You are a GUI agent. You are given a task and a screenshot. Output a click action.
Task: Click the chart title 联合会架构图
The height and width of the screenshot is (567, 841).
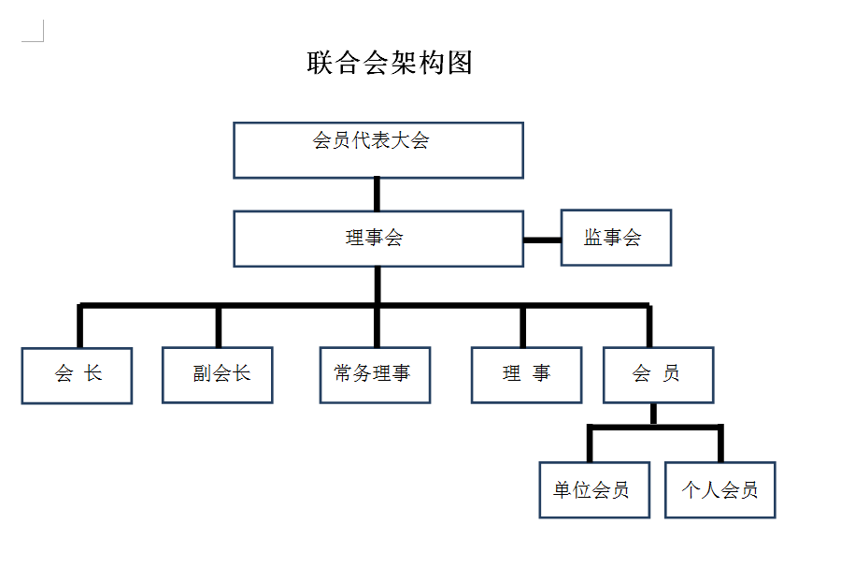[390, 63]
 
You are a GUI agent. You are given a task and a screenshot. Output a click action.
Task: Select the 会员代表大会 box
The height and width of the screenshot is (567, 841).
[378, 150]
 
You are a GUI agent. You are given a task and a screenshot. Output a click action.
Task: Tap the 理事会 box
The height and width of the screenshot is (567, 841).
[378, 239]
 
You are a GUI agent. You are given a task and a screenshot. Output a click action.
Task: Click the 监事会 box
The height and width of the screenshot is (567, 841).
[616, 238]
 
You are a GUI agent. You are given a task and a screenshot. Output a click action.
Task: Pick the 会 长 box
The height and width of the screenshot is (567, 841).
[77, 375]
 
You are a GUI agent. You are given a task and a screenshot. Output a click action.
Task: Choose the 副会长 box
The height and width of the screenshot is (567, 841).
[218, 375]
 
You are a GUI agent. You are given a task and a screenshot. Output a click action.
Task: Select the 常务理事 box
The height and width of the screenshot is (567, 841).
[375, 375]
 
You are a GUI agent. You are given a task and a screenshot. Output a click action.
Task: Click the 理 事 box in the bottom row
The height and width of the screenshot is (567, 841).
[526, 375]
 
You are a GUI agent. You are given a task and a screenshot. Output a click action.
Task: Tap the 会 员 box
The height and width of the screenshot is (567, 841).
[658, 375]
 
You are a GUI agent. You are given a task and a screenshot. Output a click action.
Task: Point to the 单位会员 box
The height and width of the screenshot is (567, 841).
[593, 489]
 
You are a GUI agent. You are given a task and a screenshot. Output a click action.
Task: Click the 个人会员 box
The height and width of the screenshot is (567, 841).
[720, 489]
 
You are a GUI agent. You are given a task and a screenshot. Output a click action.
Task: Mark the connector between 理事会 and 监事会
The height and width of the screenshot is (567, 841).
[542, 240]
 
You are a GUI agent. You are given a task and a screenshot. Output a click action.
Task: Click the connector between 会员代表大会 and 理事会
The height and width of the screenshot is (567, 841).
[378, 194]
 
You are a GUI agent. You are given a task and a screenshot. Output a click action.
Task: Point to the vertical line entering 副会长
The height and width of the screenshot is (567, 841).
[219, 327]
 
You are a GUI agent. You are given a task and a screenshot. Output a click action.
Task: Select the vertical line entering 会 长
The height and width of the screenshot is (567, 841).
[80, 327]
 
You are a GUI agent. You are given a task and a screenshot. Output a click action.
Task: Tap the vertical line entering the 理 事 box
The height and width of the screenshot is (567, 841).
[522, 327]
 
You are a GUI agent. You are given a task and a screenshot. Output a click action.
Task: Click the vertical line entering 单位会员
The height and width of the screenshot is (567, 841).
[590, 444]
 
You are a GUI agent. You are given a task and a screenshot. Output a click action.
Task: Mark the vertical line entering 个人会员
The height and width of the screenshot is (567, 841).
[720, 444]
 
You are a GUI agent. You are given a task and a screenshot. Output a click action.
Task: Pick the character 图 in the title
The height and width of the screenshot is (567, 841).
[460, 63]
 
